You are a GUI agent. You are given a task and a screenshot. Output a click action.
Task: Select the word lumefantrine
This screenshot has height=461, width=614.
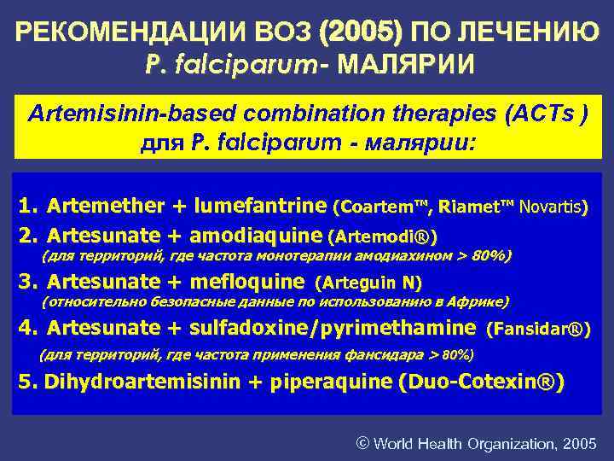coord(260,206)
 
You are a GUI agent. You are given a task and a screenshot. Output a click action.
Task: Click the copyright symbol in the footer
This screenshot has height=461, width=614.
coord(362,443)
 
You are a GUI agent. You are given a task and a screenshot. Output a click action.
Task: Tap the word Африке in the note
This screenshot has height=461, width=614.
coord(479,301)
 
